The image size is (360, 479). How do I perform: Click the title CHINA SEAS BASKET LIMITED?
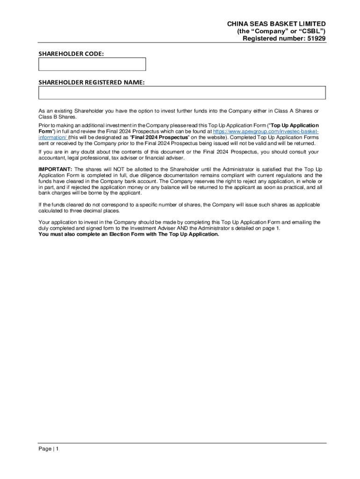pos(276,24)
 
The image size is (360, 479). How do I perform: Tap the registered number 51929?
pos(316,38)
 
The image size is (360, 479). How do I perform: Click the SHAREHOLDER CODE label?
pos(71,54)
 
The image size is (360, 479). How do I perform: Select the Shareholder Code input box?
pos(92,64)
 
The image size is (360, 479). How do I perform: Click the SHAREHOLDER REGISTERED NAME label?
pos(91,82)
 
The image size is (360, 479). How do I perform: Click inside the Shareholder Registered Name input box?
pos(181,93)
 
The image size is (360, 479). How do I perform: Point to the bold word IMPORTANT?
pos(55,169)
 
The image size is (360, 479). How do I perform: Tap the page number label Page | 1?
pos(49,449)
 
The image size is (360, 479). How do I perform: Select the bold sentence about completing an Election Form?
pos(129,234)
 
